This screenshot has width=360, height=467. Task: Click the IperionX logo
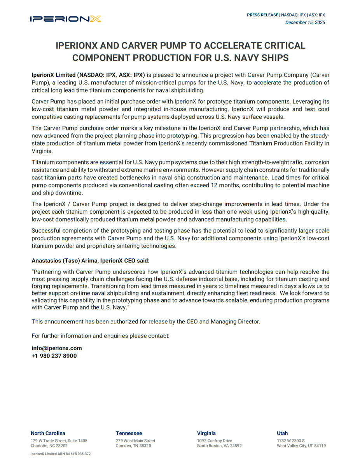click(x=65, y=19)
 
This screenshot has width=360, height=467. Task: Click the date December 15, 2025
click(x=305, y=23)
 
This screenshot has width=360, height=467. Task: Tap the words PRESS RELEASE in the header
click(x=262, y=15)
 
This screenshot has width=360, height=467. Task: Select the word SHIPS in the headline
click(x=274, y=58)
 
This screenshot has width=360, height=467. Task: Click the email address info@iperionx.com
click(x=57, y=348)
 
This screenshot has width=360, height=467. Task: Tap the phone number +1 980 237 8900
click(x=54, y=356)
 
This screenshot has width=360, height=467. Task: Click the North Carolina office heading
click(x=48, y=433)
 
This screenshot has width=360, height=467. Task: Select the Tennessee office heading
click(x=129, y=433)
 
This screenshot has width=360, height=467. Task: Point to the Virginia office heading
click(x=206, y=433)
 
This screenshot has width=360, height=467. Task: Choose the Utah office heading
click(x=282, y=433)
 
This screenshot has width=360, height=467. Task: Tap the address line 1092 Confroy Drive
click(x=214, y=441)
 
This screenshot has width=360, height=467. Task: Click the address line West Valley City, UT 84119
click(x=301, y=446)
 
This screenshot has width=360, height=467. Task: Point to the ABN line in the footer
click(x=61, y=454)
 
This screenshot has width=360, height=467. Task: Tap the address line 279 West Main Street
click(x=135, y=441)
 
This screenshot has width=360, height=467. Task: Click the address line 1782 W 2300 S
click(x=290, y=441)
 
